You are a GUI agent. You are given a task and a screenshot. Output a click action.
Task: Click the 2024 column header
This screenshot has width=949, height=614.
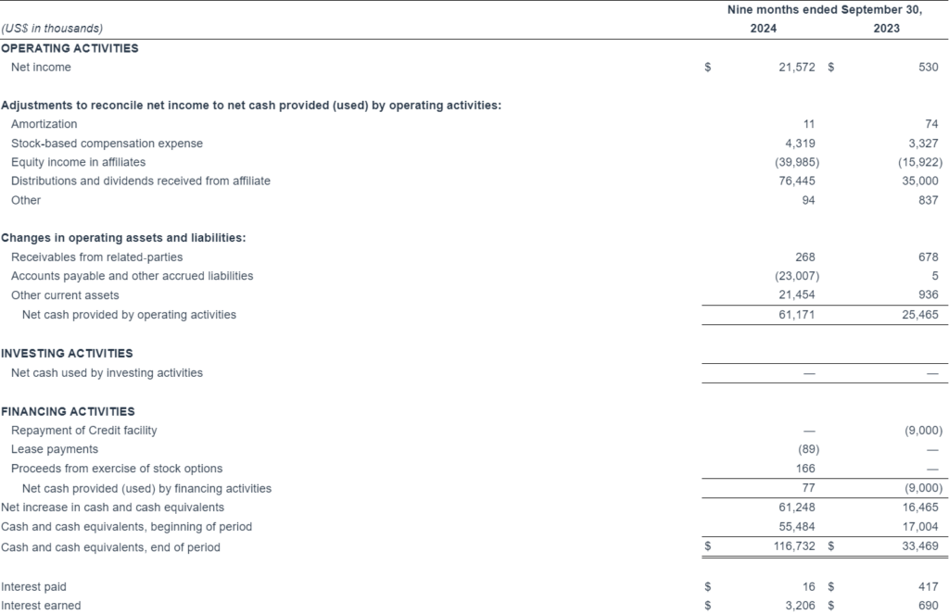764,28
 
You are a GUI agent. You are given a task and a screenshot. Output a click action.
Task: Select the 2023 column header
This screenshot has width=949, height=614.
886,28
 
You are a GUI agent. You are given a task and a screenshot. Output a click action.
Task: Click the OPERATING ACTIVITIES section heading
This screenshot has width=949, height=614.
70,48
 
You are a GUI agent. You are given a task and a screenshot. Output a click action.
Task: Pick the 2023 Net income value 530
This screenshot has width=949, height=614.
929,68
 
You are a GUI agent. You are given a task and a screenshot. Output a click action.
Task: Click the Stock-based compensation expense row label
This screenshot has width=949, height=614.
107,144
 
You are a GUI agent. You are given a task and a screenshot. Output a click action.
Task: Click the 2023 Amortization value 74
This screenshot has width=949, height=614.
932,124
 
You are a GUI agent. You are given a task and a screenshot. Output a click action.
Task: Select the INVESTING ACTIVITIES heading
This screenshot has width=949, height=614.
67,353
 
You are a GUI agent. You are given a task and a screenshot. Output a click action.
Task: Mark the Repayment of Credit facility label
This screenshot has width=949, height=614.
83,431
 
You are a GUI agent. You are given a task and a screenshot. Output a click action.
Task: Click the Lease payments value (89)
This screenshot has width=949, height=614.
806,449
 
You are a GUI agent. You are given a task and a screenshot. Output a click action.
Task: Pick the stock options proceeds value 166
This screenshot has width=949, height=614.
805,469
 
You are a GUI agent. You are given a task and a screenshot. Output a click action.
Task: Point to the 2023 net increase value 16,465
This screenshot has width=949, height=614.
922,507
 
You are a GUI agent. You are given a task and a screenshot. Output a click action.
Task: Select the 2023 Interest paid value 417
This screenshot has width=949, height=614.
929,586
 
